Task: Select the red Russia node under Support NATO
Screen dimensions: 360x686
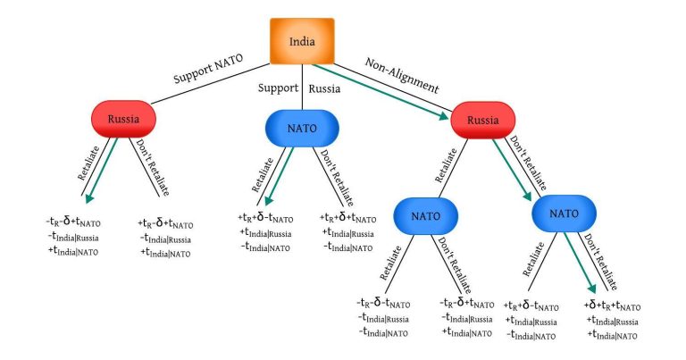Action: pos(124,119)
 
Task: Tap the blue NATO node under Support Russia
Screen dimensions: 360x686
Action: pos(301,126)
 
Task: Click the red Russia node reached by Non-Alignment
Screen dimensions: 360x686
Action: pos(482,119)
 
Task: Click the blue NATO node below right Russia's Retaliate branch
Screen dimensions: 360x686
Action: pos(424,215)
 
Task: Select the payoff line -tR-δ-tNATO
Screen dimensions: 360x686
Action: pos(383,303)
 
